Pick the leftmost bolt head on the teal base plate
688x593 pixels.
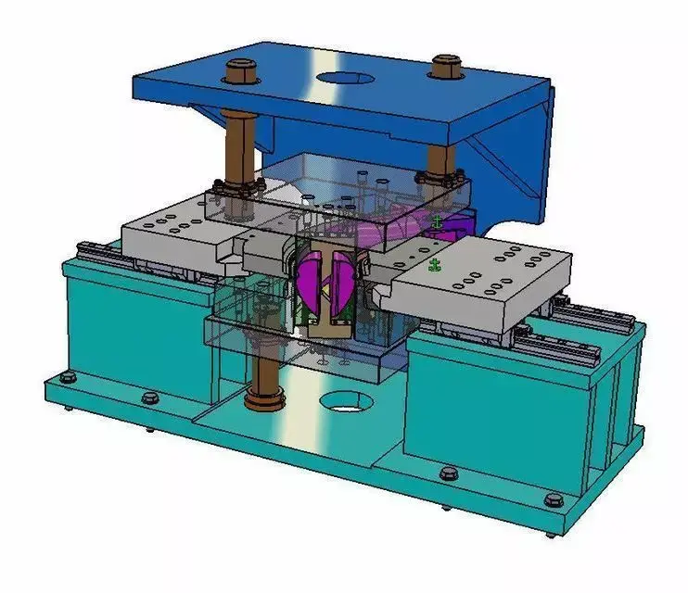click(68, 379)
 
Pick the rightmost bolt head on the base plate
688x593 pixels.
click(554, 500)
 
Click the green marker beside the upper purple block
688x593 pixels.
click(438, 221)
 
